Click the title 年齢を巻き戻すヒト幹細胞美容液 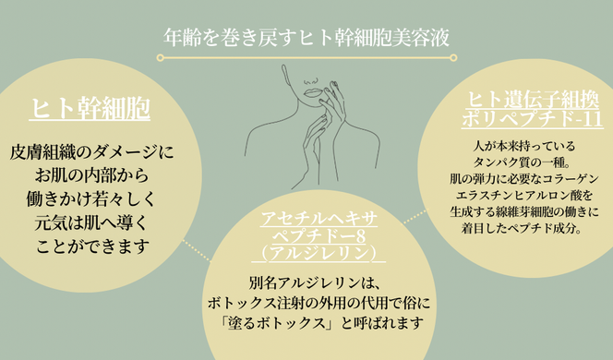pos(306,38)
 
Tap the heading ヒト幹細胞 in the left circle pos(90,111)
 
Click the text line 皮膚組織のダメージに pos(91,150)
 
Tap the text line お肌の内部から pos(91,174)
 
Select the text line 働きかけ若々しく pos(91,198)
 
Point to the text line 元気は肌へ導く pos(91,222)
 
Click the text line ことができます pos(91,246)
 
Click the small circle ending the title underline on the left pos(161,58)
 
